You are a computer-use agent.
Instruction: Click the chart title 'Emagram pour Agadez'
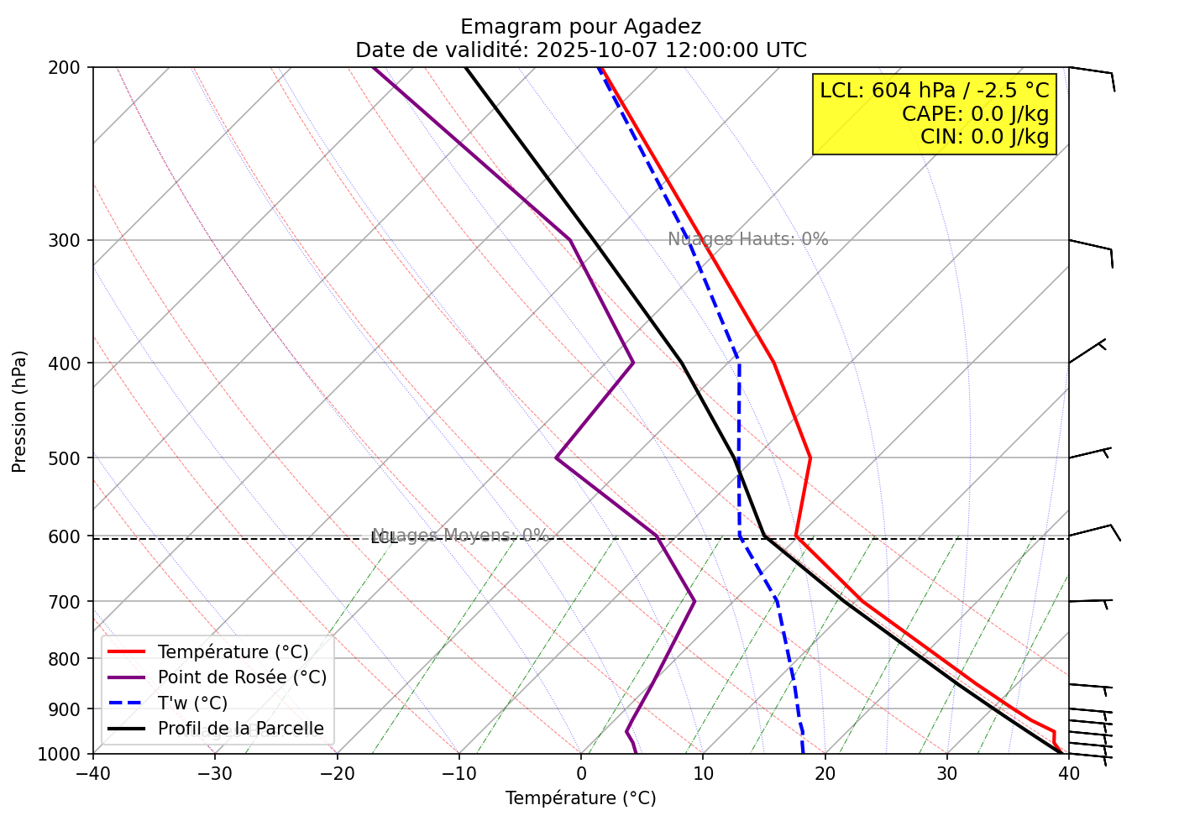[580, 27]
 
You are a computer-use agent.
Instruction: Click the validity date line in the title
[580, 50]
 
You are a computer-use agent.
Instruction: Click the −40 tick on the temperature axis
[92, 772]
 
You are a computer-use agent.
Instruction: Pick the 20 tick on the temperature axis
[825, 772]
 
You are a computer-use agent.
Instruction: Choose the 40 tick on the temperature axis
[1068, 772]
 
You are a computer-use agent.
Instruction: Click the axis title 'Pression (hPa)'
[20, 411]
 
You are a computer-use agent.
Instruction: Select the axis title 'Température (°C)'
[580, 798]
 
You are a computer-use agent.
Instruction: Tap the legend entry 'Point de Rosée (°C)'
[242, 677]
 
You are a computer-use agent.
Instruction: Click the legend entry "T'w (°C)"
[192, 703]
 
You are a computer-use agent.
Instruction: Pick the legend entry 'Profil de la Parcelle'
[240, 729]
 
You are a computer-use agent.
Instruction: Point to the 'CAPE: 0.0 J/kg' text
[975, 114]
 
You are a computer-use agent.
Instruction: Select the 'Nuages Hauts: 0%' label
[747, 239]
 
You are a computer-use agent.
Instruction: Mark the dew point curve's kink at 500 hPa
[556, 458]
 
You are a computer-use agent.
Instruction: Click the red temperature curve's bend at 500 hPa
[810, 458]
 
